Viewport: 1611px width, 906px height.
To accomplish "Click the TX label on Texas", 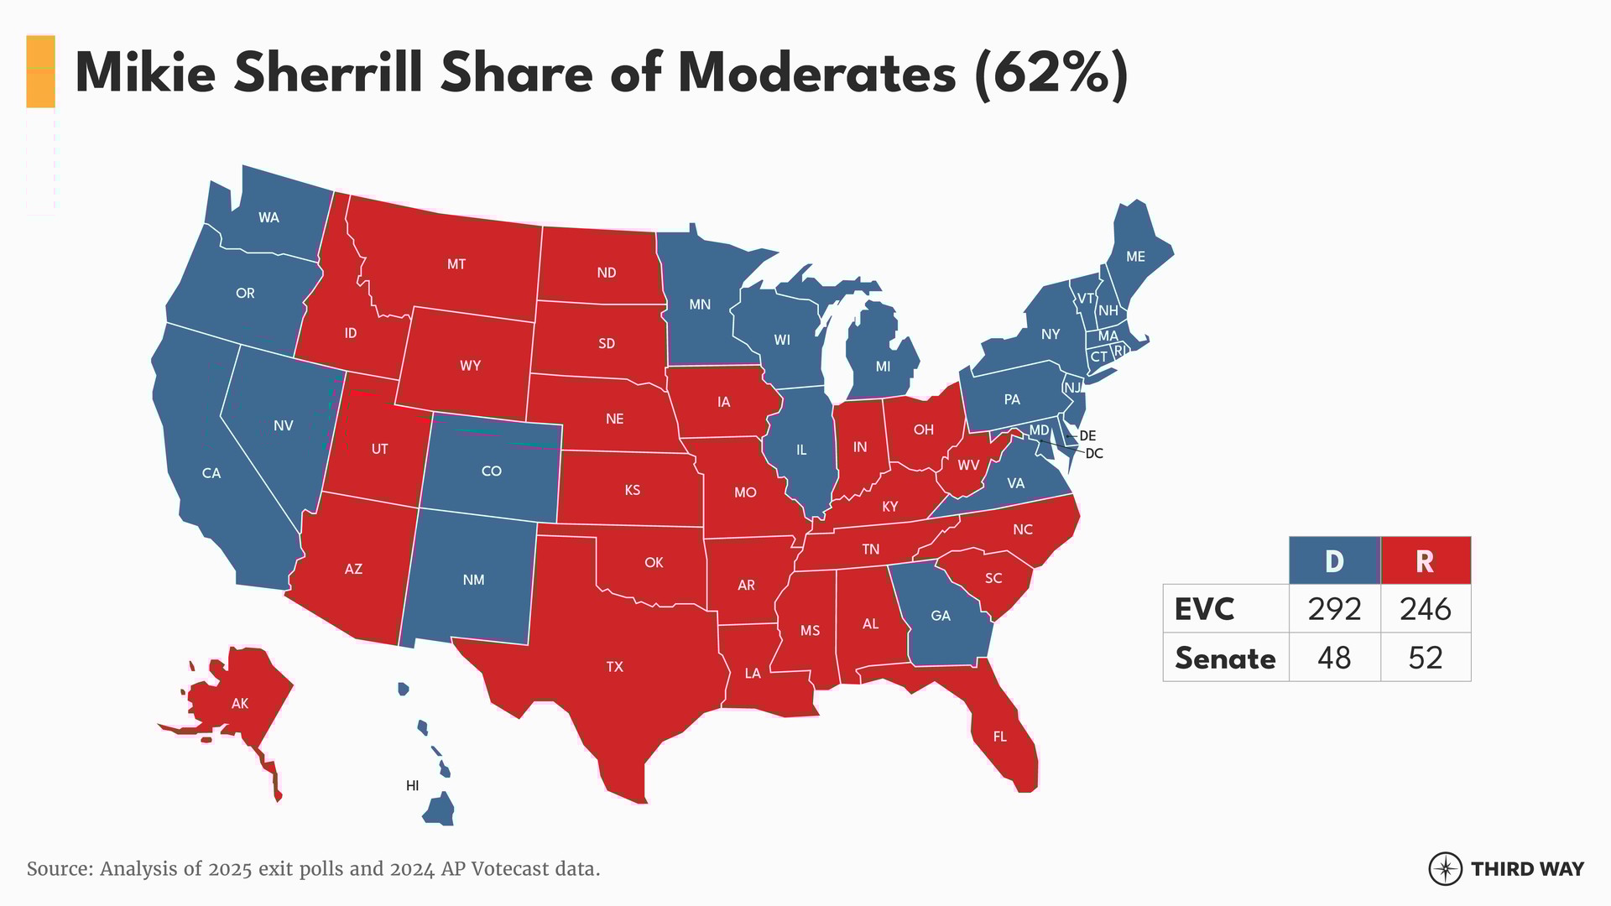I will tap(614, 667).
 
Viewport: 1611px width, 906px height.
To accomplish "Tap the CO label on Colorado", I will tap(491, 471).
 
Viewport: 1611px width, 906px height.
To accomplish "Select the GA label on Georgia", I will tap(941, 616).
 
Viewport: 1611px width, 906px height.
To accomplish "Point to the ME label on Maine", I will tap(1135, 257).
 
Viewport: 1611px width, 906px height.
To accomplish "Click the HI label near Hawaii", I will tap(412, 786).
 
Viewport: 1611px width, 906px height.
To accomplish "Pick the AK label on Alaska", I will tap(240, 704).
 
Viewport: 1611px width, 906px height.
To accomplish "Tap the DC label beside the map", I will tap(1094, 454).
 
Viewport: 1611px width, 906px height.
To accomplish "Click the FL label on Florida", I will tap(999, 737).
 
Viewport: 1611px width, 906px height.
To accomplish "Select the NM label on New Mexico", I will tap(473, 580).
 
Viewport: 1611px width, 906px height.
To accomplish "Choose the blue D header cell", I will tap(1334, 561).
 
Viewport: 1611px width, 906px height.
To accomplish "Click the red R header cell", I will tap(1425, 561).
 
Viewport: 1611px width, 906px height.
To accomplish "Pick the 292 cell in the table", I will tap(1334, 609).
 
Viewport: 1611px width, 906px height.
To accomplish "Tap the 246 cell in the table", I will tap(1425, 609).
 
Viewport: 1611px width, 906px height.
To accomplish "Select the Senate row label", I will tap(1225, 658).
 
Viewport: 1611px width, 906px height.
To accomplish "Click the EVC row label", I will tap(1204, 609).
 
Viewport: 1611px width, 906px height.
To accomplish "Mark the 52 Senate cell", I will tap(1425, 658).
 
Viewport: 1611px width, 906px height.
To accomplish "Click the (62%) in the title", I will tap(1051, 74).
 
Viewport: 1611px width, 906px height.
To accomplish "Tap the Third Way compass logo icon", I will tap(1445, 869).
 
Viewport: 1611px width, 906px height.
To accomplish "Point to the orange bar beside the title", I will tap(40, 72).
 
